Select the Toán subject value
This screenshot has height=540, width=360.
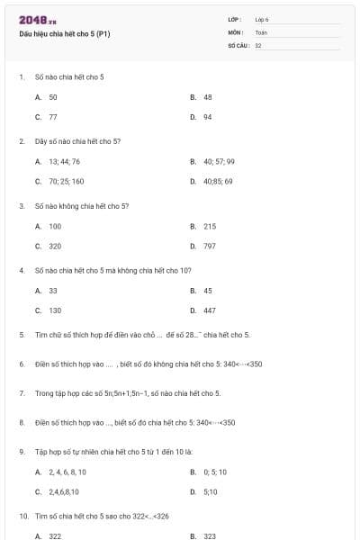pos(261,32)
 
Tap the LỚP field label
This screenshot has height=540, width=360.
pos(234,19)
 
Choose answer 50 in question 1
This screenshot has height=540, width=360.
pos(53,96)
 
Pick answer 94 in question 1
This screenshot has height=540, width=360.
pos(208,116)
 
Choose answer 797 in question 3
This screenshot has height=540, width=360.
pos(209,245)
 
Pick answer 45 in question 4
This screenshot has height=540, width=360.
pos(208,291)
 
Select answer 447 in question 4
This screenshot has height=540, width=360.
pos(209,310)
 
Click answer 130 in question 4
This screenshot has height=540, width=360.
pos(55,310)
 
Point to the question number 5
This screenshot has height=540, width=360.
pos(21,335)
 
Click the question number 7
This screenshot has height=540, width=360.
pos(21,393)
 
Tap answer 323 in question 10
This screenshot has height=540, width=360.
pos(209,535)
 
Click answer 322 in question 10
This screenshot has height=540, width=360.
pos(55,535)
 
